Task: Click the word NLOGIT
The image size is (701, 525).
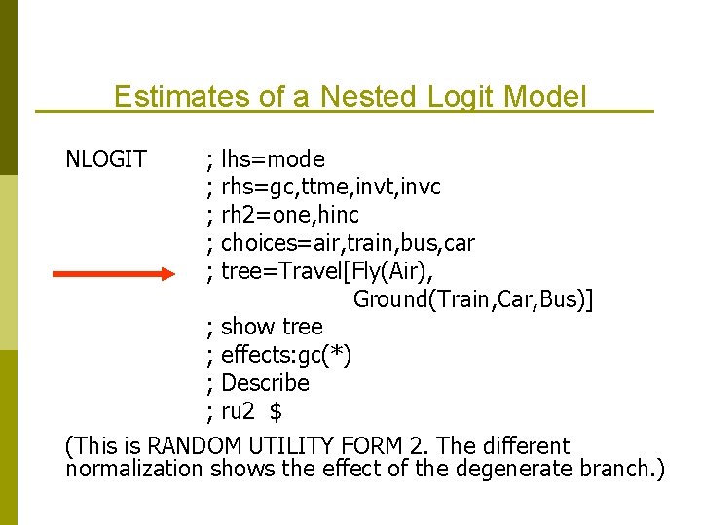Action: pos(105,158)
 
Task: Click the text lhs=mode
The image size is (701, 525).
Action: pos(273,158)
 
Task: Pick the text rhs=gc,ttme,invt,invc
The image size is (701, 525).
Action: pos(331,186)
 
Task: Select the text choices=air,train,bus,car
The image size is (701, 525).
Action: pos(348,242)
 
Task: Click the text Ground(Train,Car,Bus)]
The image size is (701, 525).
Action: pos(473,298)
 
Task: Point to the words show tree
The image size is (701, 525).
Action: pos(272,327)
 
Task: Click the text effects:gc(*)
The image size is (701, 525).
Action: pos(286,355)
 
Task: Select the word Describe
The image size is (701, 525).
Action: pos(265,383)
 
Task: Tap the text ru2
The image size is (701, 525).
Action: pos(238,411)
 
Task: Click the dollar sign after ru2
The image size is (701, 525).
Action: pos(276,411)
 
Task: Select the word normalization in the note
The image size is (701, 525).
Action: pos(133,470)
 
